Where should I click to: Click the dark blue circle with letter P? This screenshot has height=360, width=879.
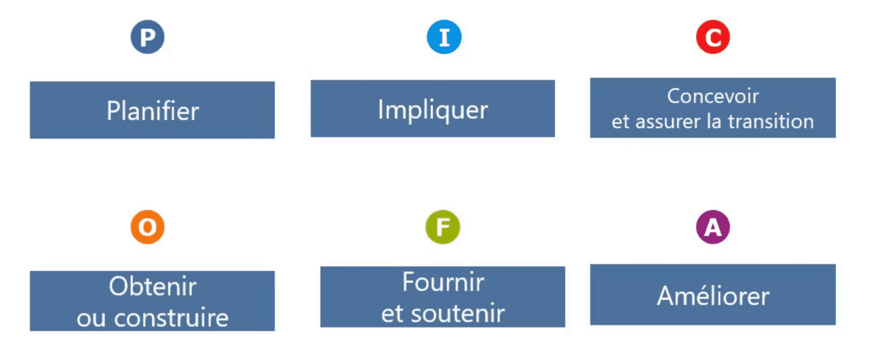[147, 37]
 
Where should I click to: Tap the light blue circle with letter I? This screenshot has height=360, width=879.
[444, 37]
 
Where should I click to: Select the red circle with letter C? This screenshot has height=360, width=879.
[713, 37]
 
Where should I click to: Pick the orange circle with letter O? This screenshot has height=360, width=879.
[147, 227]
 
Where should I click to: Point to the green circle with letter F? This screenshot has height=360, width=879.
[443, 227]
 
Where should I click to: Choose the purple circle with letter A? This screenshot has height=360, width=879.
[713, 227]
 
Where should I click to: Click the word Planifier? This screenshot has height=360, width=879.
[153, 111]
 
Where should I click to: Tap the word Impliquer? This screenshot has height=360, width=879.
[433, 110]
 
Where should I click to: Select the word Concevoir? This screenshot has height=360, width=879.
[713, 96]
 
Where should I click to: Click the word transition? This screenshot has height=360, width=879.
[771, 122]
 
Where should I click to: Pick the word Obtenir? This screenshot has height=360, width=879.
[153, 286]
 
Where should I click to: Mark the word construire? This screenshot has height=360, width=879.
[171, 318]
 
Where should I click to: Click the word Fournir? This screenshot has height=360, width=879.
[443, 282]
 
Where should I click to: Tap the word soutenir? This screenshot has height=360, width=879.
[458, 314]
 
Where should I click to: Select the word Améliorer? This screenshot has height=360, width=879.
[713, 296]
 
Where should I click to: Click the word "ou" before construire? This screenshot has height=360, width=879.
[91, 319]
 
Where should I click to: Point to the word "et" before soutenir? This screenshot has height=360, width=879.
[392, 314]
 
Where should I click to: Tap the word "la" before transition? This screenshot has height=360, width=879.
[714, 122]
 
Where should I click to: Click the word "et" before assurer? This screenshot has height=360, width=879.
[620, 122]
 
